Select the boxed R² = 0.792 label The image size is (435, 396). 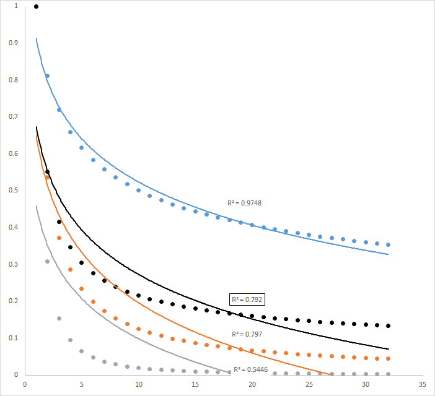coord(247,299)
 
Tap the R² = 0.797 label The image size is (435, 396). coord(247,334)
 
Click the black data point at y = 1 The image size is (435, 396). coord(36,7)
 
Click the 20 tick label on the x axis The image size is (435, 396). coord(252,384)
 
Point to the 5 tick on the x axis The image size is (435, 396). coord(81,384)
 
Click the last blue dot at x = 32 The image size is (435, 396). coord(389,244)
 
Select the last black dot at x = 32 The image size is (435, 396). coord(389,325)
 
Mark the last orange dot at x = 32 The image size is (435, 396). coord(389,358)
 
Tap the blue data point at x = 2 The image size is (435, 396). coord(47,76)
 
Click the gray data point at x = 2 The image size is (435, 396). coord(47,261)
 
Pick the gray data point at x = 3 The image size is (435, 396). coord(59,318)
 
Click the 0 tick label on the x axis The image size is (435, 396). coord(24,384)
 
